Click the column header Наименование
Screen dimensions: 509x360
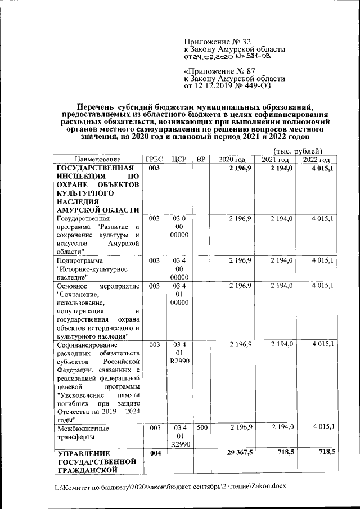(98, 160)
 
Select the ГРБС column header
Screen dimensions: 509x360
(155, 160)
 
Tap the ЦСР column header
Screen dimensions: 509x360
(179, 160)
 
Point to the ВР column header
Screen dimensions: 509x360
(201, 160)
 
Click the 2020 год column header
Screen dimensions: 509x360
(232, 160)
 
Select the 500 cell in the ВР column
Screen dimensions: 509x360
(202, 428)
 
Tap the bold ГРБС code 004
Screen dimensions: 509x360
(155, 453)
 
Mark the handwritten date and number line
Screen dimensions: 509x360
(231, 57)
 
